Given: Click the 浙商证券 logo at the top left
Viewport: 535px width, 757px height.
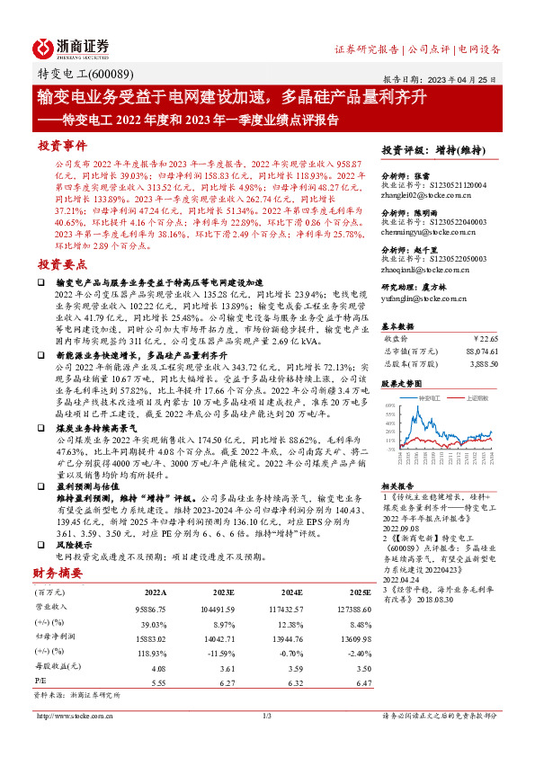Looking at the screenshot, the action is click(71, 47).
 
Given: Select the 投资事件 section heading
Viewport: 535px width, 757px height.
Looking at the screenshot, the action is click(62, 144).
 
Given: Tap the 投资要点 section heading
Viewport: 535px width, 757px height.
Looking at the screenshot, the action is click(62, 265).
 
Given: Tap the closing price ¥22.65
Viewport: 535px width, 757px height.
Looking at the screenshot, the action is click(486, 339).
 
